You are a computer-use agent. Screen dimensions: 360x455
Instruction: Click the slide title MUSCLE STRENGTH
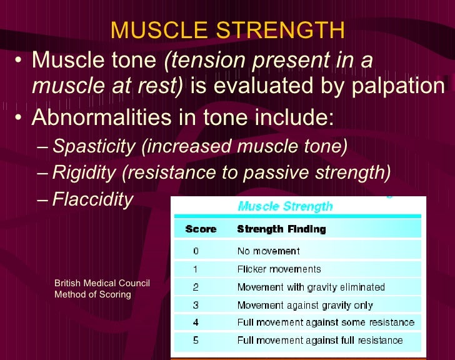coord(227,29)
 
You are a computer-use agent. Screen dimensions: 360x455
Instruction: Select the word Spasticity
coord(94,147)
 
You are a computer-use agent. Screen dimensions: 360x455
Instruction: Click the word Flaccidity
coord(93,199)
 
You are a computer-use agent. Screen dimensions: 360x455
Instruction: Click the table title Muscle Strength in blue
coord(285,206)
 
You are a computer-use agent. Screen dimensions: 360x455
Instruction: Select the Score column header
coord(201,229)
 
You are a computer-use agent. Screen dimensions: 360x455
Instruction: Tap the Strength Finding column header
coord(281,229)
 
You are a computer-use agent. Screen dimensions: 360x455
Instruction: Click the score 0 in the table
coord(196,251)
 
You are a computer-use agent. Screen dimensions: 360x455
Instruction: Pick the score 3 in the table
coord(196,306)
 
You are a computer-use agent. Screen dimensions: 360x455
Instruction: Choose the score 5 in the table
coord(196,341)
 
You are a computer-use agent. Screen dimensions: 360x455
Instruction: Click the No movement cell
coord(268,251)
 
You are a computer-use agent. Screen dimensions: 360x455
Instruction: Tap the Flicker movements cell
coord(279,269)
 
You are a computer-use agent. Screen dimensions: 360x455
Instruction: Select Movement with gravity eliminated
coord(311,287)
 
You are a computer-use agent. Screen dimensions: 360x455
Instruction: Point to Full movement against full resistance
coord(320,341)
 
